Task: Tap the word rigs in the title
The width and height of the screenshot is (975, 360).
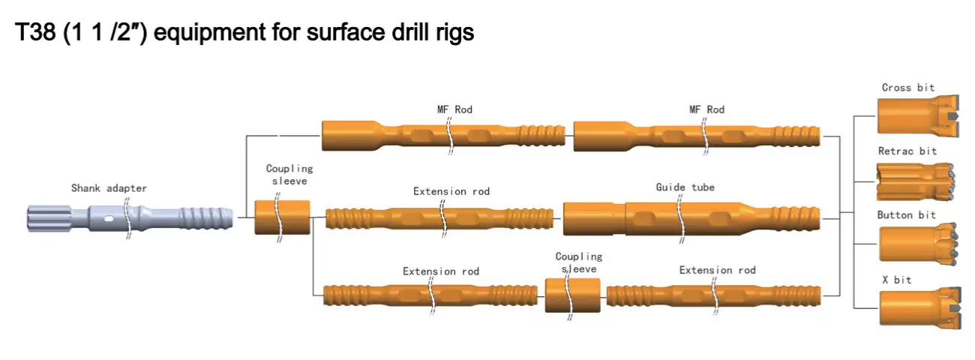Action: (453, 33)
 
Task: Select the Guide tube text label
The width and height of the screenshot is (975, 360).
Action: (685, 187)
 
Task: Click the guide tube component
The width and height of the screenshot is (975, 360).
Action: (690, 218)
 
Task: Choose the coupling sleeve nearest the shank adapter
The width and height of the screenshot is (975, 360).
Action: (282, 217)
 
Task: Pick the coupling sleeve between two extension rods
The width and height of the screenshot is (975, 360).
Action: (572, 295)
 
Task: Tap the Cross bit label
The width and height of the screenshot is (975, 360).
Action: (907, 88)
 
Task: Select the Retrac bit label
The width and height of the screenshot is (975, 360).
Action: (907, 151)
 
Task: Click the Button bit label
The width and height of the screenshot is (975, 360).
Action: (906, 215)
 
